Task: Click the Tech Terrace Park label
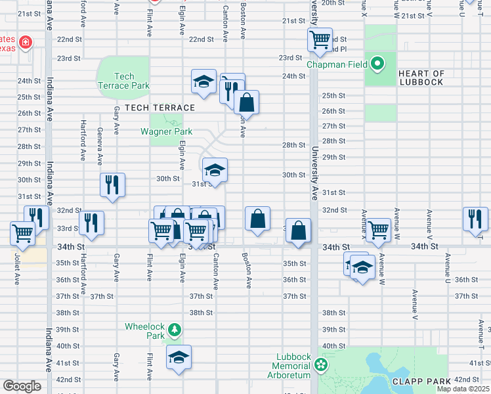(123, 81)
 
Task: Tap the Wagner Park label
(166, 131)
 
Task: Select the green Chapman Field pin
(377, 64)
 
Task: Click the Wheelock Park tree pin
(174, 328)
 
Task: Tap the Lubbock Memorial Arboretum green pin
(320, 363)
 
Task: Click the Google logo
(22, 386)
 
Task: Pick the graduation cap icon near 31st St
(215, 170)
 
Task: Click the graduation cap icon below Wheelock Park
(179, 357)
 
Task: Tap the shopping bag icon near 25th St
(246, 102)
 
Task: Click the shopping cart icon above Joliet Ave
(23, 233)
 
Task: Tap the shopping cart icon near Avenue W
(379, 230)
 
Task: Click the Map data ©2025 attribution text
(463, 389)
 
